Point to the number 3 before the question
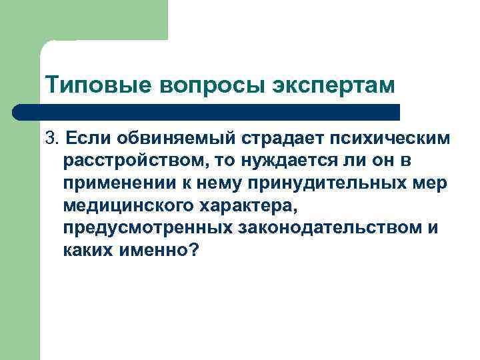pos(49,138)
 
